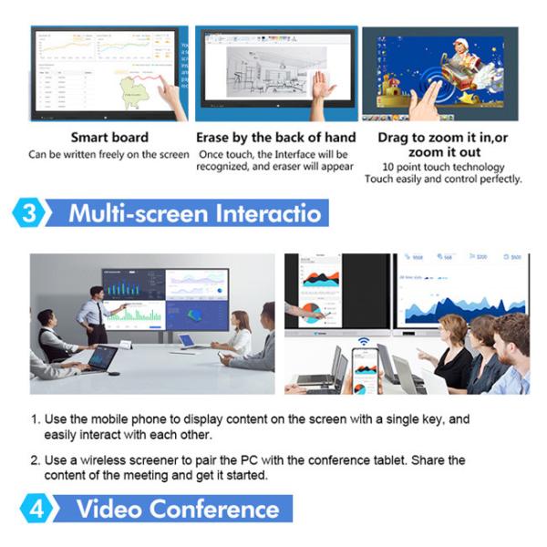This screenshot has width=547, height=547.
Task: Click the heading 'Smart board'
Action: [x=108, y=138]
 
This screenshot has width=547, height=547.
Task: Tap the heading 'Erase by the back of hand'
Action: [x=276, y=138]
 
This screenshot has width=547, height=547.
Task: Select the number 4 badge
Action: [x=37, y=508]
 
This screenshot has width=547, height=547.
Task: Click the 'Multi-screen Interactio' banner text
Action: [x=195, y=213]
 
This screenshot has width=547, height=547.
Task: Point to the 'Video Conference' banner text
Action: [x=177, y=508]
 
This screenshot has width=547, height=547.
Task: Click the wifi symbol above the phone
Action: [x=363, y=342]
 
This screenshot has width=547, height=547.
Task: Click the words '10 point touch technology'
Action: [x=443, y=167]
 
